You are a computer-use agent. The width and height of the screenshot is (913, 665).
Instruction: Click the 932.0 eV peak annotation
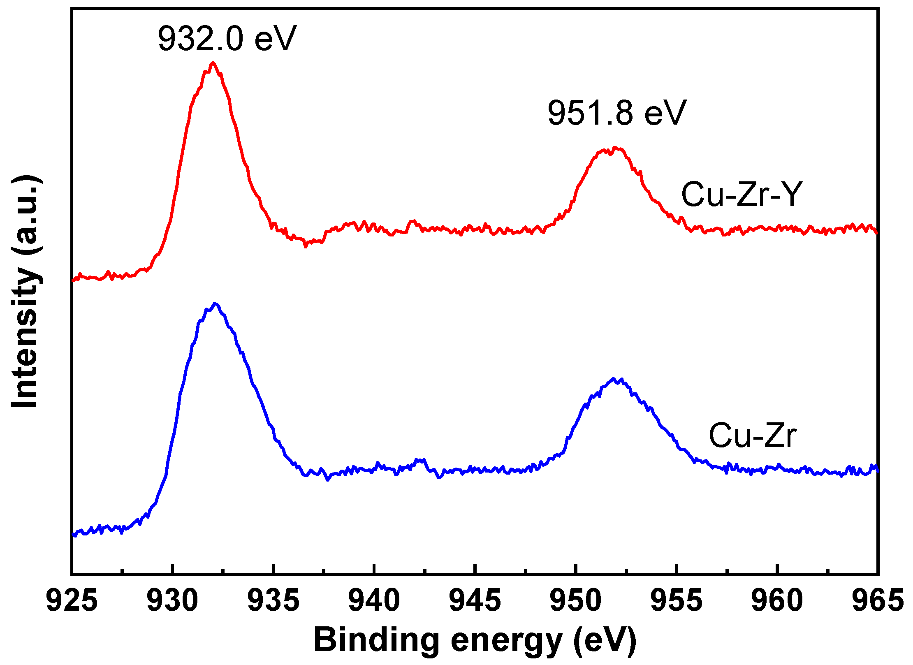point(227,39)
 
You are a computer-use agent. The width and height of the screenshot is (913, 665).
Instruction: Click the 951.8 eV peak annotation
point(617,113)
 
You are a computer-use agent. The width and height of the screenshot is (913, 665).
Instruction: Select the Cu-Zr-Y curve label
point(742,195)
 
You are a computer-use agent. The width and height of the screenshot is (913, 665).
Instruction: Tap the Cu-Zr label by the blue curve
point(753,436)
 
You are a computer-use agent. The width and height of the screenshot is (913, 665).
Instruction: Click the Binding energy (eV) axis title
point(475,640)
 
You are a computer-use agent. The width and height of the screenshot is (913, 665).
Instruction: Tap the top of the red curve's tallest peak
point(213,63)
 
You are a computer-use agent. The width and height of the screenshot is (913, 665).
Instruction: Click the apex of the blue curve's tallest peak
point(215,304)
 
